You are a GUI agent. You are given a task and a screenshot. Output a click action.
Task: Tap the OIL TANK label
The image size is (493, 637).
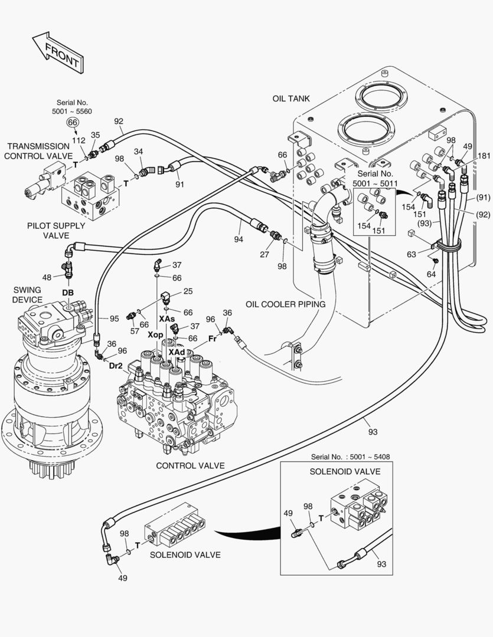click(290, 98)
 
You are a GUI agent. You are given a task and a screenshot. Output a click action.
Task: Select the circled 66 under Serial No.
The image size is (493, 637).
click(73, 122)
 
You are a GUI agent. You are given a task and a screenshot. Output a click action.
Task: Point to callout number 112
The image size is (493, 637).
click(79, 140)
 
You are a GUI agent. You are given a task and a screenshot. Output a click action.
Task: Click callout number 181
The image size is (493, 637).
click(484, 156)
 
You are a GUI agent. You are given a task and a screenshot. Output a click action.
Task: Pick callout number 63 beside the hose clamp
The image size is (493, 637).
click(412, 254)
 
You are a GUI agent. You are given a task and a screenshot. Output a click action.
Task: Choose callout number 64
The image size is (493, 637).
click(432, 274)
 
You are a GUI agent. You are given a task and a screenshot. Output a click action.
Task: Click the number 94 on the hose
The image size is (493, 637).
click(239, 239)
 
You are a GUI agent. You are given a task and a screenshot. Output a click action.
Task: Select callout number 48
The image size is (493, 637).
click(47, 277)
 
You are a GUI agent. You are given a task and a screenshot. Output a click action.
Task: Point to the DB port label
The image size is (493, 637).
click(68, 293)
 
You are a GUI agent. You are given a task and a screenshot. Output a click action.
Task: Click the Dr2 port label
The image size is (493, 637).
click(116, 366)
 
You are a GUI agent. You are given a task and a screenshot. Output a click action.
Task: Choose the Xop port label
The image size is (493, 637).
click(155, 334)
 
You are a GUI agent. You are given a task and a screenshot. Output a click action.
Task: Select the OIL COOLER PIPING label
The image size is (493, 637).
click(286, 305)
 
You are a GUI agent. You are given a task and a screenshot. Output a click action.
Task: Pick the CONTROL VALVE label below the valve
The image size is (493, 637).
click(190, 465)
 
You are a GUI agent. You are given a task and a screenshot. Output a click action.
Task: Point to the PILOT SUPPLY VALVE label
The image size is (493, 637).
click(56, 231)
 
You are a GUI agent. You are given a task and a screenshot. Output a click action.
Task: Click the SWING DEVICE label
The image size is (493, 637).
click(27, 295)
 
